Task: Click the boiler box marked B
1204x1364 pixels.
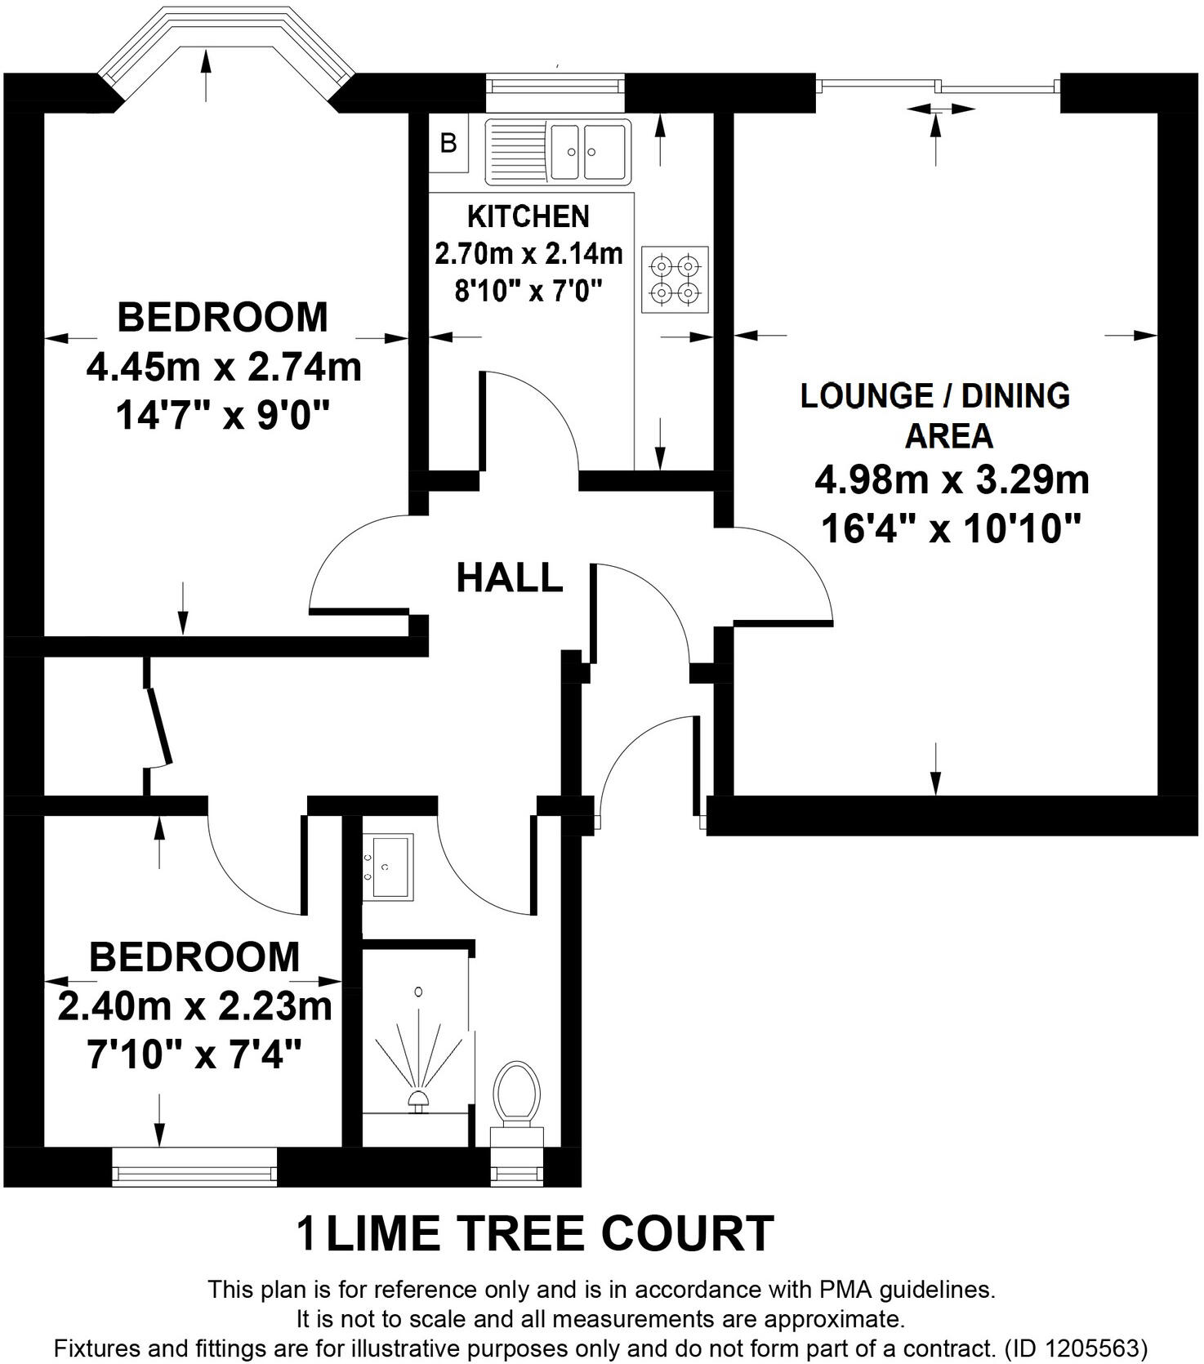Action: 448,144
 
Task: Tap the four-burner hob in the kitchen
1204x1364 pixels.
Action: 675,279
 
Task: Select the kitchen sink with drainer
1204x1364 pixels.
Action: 559,151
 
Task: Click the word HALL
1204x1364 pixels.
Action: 509,578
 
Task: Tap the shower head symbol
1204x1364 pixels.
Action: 419,1099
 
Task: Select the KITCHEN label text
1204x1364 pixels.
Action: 528,216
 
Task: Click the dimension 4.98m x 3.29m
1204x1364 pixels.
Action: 952,480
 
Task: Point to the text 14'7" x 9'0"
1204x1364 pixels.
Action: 222,417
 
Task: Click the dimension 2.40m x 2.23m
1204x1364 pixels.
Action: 194,1006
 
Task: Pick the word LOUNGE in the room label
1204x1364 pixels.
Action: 866,396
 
